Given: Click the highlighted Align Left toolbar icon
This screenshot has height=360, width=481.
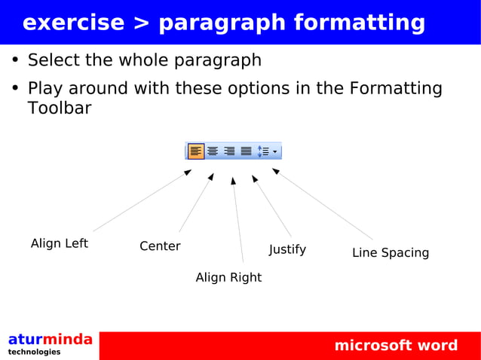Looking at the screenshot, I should [x=196, y=151].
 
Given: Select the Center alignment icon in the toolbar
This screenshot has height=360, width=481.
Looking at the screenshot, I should [x=213, y=151].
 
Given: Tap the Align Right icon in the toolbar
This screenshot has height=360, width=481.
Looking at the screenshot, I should [x=229, y=151].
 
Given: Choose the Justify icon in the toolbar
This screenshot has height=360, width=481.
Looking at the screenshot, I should [x=246, y=151].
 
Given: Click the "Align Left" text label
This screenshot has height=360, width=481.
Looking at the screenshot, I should [x=59, y=243].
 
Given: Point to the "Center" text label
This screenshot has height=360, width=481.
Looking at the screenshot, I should [x=160, y=246].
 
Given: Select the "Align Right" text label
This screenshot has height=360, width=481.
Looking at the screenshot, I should [x=228, y=277].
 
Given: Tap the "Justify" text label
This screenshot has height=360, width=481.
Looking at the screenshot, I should [x=287, y=249].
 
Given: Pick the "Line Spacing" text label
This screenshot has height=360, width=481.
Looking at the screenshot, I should [x=391, y=253].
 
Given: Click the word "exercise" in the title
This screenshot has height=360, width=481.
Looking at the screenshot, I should [x=73, y=23].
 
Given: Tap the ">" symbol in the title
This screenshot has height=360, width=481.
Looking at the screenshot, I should [x=141, y=23].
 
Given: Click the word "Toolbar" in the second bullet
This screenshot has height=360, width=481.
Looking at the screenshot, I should [x=60, y=108].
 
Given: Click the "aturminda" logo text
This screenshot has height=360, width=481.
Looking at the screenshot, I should [x=51, y=339].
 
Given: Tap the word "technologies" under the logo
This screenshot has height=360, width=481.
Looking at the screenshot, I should [x=35, y=352].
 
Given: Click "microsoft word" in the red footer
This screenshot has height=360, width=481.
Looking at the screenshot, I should [x=396, y=346].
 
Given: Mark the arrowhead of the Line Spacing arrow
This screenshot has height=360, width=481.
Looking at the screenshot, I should [x=276, y=171].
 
